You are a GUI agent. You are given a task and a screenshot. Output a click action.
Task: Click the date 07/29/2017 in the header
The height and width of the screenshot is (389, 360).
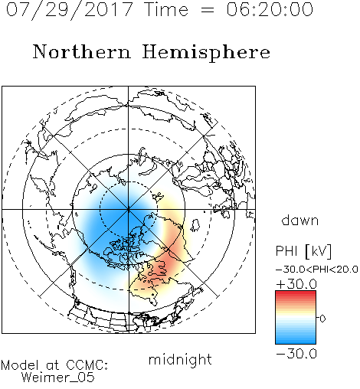(x=70, y=10)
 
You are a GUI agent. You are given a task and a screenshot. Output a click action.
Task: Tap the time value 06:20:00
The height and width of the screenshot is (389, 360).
(x=270, y=9)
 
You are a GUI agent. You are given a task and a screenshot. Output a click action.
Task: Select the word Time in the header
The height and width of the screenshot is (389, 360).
(x=166, y=9)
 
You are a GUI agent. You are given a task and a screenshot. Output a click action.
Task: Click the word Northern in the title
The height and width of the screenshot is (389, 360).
(x=82, y=51)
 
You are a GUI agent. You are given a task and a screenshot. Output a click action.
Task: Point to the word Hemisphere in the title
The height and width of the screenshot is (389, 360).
(x=206, y=52)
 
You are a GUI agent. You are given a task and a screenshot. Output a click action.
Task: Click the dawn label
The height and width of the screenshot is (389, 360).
(x=300, y=220)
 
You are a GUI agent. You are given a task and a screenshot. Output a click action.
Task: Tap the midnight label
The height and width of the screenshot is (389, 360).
(x=180, y=359)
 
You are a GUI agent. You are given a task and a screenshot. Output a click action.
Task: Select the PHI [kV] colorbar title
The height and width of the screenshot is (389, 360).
(x=303, y=251)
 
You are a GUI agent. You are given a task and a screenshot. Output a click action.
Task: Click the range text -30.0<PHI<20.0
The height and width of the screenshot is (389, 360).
(x=317, y=270)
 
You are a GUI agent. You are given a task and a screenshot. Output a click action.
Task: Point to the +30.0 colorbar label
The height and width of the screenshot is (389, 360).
(x=296, y=284)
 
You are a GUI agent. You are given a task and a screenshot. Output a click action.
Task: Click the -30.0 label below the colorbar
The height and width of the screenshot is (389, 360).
(x=296, y=354)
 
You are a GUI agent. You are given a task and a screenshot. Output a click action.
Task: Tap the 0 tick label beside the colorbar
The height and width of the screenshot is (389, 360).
(x=322, y=319)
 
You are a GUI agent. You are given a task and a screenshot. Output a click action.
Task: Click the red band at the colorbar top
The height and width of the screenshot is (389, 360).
(x=296, y=293)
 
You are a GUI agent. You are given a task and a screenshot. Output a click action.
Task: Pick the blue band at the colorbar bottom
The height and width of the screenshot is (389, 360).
(x=296, y=341)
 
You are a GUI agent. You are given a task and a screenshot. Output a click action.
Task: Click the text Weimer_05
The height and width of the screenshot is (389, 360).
(x=58, y=378)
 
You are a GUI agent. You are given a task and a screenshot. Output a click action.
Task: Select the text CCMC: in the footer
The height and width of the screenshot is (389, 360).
(x=87, y=365)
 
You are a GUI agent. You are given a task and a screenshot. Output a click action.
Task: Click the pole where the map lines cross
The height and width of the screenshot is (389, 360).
(x=129, y=210)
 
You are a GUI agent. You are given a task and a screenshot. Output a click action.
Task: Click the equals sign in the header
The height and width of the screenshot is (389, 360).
(x=208, y=10)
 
